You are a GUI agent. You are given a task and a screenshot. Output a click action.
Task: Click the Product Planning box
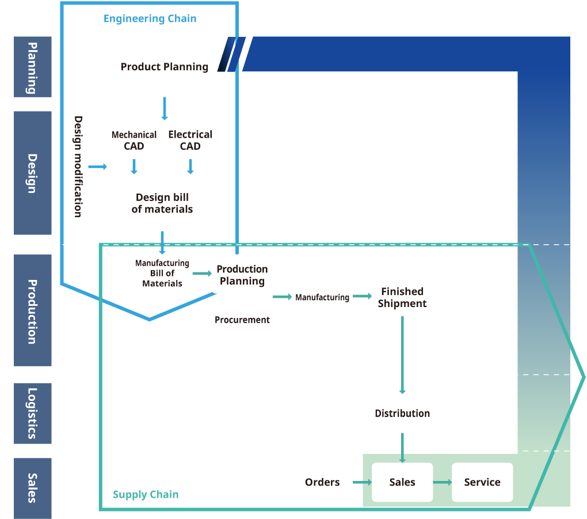tap(164, 66)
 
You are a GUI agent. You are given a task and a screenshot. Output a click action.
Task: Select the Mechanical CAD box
tap(134, 140)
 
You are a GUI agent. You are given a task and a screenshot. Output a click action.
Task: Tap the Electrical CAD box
tap(190, 140)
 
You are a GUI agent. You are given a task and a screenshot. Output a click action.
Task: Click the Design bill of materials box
tap(162, 203)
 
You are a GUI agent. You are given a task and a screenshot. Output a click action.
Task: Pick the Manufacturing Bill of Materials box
tap(162, 274)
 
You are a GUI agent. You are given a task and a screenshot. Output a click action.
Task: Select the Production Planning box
tap(242, 275)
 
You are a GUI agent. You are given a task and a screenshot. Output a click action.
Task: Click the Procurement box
tap(242, 320)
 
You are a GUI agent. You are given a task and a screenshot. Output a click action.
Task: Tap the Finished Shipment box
tap(402, 297)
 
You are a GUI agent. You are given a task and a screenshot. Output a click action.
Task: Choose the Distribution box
tap(402, 413)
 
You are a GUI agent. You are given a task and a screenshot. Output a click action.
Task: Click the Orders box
tap(322, 482)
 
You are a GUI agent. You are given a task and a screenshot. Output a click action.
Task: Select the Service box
tap(482, 482)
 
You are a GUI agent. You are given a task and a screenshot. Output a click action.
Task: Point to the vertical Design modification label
tap(78, 167)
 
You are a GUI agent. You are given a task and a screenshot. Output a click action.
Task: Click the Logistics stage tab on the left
tap(33, 413)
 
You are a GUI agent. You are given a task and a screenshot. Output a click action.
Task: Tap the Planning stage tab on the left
tap(33, 67)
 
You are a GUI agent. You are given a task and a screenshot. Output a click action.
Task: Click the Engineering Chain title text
tap(150, 19)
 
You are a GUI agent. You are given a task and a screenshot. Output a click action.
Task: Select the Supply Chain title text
tap(146, 495)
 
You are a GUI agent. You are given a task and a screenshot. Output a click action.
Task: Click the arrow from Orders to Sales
tap(362, 482)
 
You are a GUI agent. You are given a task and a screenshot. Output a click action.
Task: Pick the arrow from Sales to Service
tap(442, 482)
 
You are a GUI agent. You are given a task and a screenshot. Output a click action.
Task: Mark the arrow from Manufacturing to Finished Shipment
tap(362, 296)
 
